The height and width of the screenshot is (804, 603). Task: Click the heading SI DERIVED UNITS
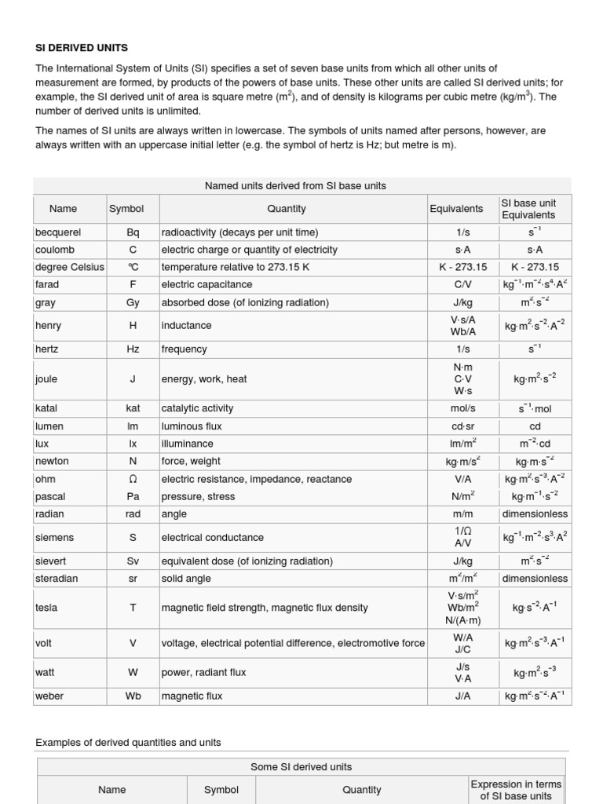82,48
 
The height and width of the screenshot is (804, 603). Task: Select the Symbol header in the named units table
126,209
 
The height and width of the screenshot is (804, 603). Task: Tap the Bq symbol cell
133,232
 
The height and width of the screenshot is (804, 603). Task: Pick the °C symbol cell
133,267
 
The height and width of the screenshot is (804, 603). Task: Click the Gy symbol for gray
133,302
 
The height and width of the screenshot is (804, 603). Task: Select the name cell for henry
48,325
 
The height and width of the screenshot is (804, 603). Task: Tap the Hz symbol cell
133,349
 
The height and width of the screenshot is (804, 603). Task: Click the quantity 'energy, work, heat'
204,379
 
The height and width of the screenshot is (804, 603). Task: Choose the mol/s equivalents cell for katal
462,408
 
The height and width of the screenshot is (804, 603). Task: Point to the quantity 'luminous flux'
192,426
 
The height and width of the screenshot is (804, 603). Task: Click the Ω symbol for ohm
133,479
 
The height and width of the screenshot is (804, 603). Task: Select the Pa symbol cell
133,496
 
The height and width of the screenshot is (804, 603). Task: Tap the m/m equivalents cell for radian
462,513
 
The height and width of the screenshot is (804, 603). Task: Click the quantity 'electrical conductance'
213,538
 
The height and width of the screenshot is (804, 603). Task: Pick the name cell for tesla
46,608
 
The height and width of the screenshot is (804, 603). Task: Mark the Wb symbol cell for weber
133,696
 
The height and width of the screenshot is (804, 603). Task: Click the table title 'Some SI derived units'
301,766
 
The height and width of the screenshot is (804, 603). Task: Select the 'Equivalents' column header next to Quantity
456,209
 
